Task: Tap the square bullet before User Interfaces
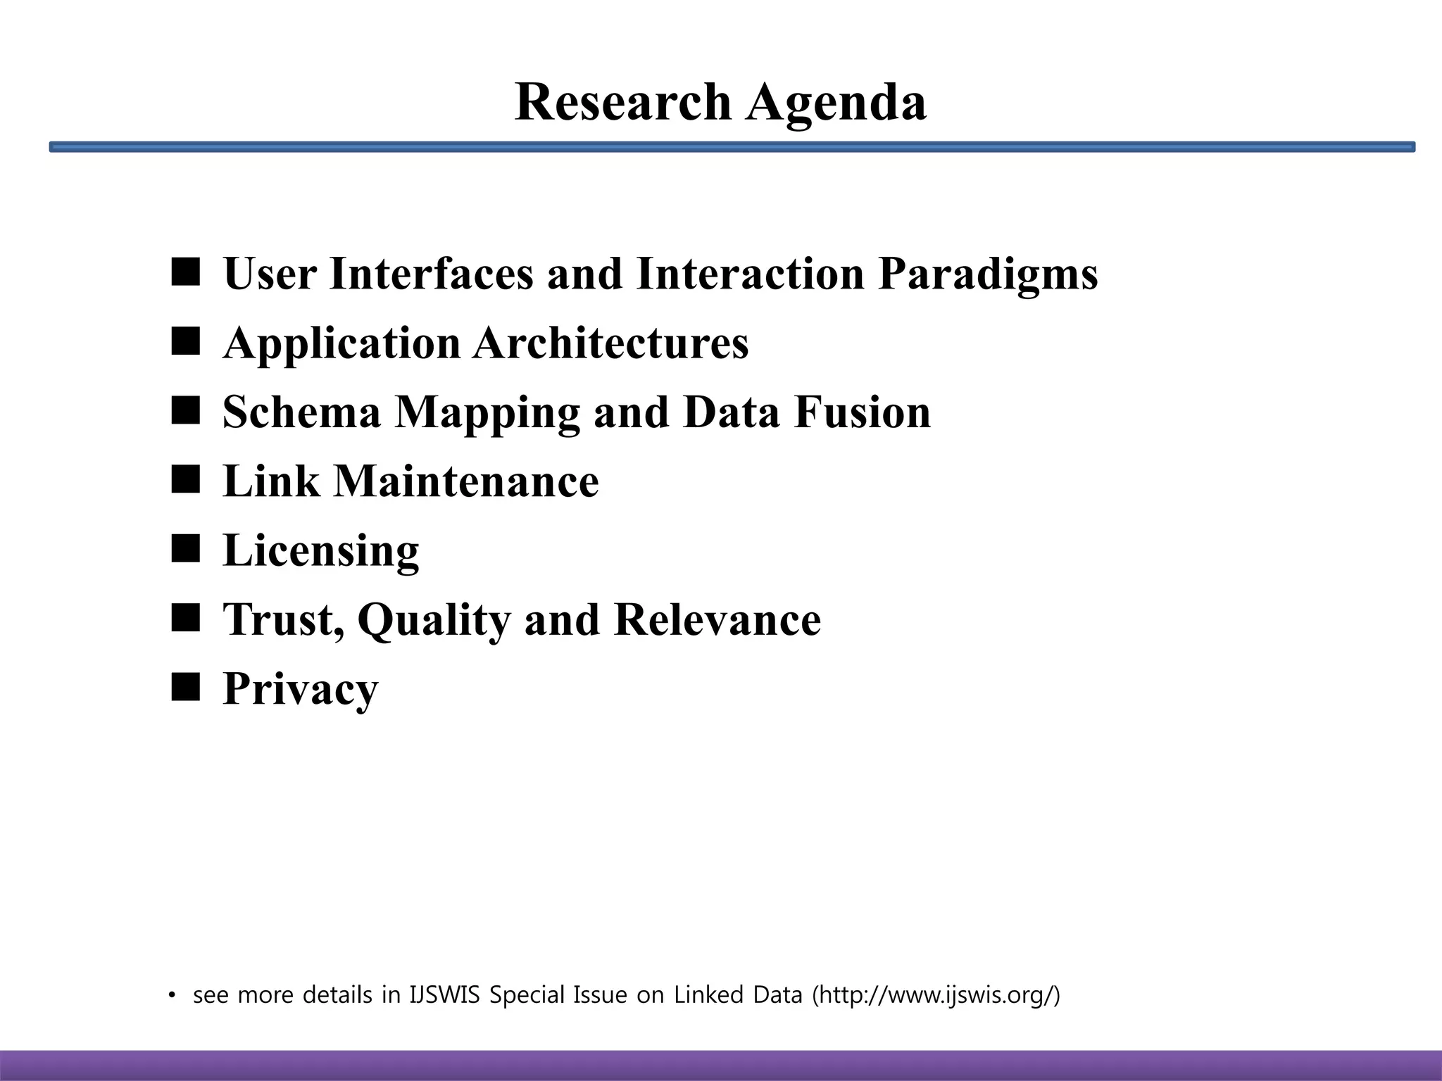185,272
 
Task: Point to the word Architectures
610,343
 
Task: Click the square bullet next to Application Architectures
185,341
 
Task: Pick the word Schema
301,412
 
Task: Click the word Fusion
863,412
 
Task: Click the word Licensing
321,551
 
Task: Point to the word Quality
434,621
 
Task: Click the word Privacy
301,690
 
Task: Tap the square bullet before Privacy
185,688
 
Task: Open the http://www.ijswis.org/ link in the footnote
936,995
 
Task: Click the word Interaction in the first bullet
749,273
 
